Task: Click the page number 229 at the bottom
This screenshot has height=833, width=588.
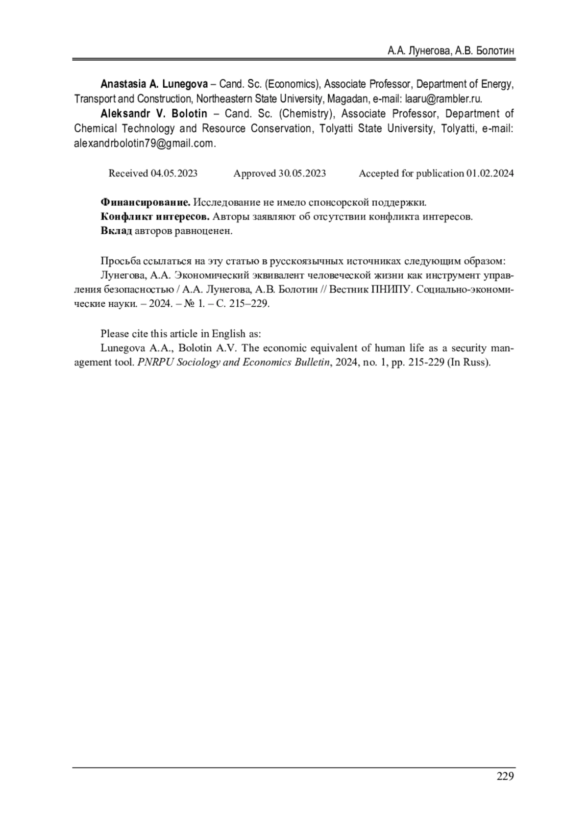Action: click(505, 776)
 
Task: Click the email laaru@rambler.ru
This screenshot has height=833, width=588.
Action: click(443, 98)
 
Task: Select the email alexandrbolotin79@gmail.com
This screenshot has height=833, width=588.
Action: click(144, 144)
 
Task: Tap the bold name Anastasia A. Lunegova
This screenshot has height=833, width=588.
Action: click(154, 84)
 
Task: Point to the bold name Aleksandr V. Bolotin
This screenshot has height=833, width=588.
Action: click(154, 114)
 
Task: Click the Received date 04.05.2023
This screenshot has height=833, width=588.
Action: click(174, 173)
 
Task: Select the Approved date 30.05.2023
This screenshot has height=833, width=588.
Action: click(302, 173)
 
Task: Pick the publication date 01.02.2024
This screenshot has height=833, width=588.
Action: click(490, 173)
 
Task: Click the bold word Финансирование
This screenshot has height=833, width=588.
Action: click(146, 202)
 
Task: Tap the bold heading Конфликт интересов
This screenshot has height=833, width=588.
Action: click(155, 217)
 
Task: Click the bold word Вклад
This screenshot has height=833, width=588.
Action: click(116, 231)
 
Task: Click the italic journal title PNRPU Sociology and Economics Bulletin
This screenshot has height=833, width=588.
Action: click(234, 363)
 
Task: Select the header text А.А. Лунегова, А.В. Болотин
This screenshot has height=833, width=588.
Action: click(450, 51)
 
